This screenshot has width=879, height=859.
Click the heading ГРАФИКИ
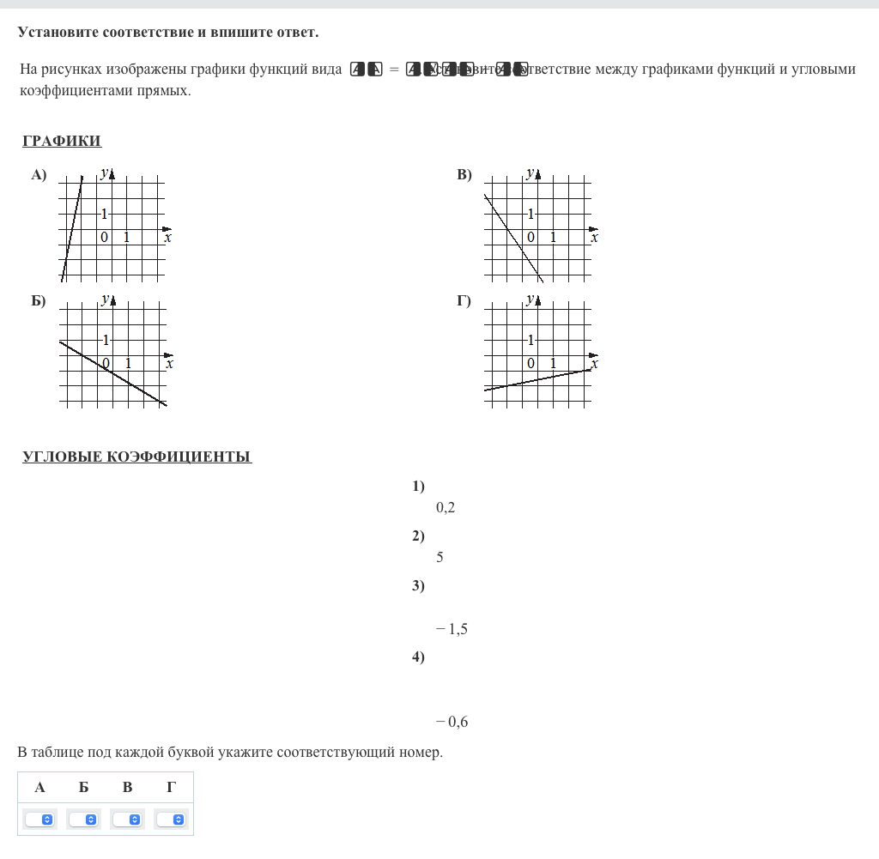(x=62, y=141)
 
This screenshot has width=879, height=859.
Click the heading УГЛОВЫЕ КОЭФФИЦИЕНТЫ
(x=136, y=457)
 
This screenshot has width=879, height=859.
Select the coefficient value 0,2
(x=445, y=507)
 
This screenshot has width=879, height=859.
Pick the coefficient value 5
(x=439, y=557)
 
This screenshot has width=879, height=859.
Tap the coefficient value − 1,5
(x=452, y=629)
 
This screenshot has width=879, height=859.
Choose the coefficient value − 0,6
(x=452, y=722)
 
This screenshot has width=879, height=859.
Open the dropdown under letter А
(x=39, y=820)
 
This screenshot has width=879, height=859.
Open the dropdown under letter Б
(x=83, y=820)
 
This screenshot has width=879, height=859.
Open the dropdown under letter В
(x=127, y=820)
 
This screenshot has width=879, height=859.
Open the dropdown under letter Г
(x=171, y=820)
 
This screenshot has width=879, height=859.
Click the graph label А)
(x=39, y=175)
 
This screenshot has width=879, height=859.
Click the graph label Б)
(x=39, y=300)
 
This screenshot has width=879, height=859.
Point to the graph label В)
(x=464, y=175)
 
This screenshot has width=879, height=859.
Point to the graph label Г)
(x=464, y=300)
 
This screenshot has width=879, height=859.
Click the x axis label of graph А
(x=167, y=238)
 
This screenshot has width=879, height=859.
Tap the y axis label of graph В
(x=530, y=172)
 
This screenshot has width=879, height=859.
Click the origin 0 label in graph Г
(x=530, y=363)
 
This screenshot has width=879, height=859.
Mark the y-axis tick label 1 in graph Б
(x=106, y=339)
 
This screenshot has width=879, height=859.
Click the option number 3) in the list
(x=418, y=586)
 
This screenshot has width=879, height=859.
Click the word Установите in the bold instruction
(x=58, y=33)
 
